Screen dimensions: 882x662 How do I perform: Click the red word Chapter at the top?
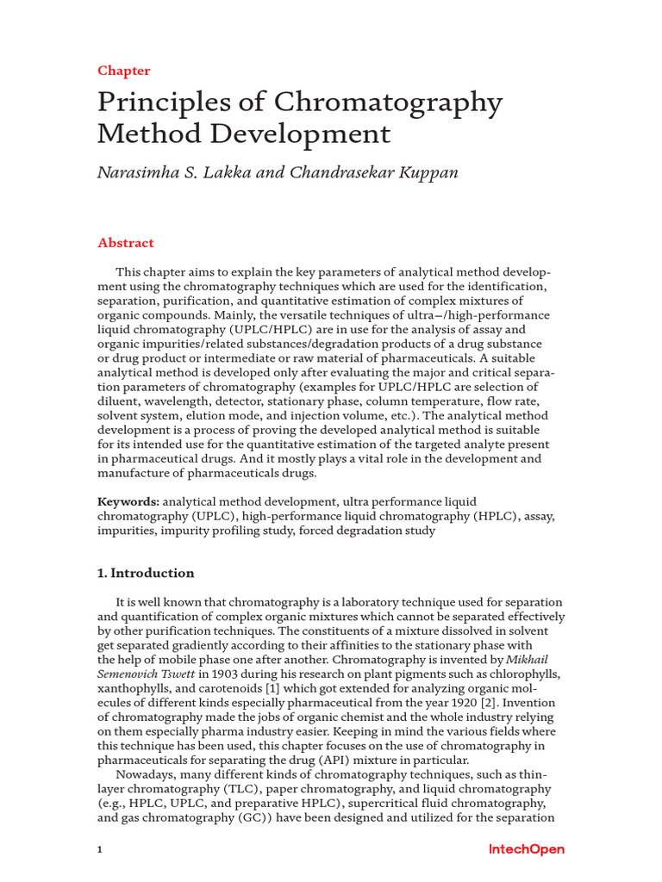pyautogui.click(x=124, y=71)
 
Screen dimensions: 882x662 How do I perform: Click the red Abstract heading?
pyautogui.click(x=126, y=243)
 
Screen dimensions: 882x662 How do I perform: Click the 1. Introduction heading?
pyautogui.click(x=146, y=573)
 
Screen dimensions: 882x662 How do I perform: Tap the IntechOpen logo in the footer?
pyautogui.click(x=527, y=849)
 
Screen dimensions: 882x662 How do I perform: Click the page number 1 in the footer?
pyautogui.click(x=100, y=849)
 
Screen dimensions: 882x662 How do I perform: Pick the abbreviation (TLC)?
pyautogui.click(x=236, y=789)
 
